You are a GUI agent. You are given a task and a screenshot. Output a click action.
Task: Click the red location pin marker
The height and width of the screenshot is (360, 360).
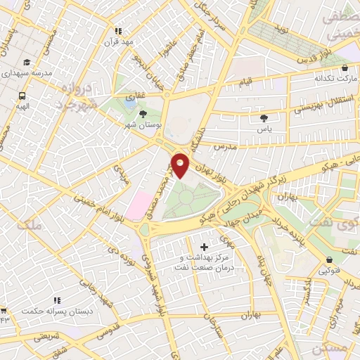[181, 165]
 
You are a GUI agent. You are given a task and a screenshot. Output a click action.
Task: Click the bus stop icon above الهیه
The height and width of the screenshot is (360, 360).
[23, 96]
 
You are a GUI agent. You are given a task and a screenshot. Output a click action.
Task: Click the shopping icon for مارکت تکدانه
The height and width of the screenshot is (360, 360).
[345, 67]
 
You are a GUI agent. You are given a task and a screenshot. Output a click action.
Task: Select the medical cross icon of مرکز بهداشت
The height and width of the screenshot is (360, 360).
[205, 247]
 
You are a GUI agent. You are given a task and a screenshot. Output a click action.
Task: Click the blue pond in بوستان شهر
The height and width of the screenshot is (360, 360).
[129, 103]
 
